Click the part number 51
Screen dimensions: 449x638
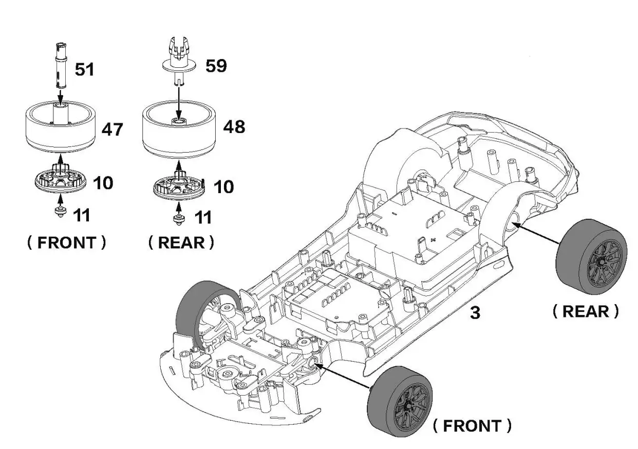tap(85, 69)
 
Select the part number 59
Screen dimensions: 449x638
tap(216, 66)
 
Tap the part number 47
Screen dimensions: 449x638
tap(112, 129)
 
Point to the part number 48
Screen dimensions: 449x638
tap(234, 127)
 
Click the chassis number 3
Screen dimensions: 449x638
tap(475, 313)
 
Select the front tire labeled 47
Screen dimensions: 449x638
tap(61, 126)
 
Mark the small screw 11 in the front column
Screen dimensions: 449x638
tap(61, 212)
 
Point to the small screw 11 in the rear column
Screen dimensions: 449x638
tap(179, 219)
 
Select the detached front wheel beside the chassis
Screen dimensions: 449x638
tap(404, 402)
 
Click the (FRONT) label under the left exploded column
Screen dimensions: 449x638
tap(67, 242)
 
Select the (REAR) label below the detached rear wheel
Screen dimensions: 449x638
tap(585, 311)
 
